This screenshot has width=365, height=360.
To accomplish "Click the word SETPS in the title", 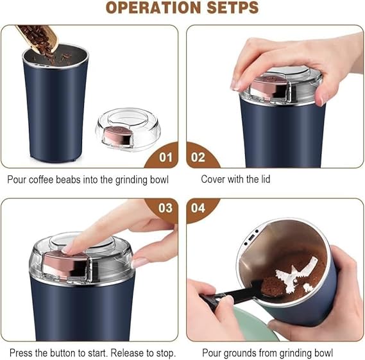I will tap(226, 8).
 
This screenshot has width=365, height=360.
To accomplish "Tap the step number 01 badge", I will tap(166, 157).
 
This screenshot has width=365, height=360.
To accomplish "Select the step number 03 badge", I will tap(166, 209).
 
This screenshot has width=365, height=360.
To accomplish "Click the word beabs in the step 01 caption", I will tap(70, 180).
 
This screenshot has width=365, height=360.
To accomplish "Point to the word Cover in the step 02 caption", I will tap(214, 180).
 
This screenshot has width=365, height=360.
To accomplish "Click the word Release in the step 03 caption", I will tap(121, 353).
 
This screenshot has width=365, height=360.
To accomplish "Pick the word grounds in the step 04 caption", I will tap(241, 353).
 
